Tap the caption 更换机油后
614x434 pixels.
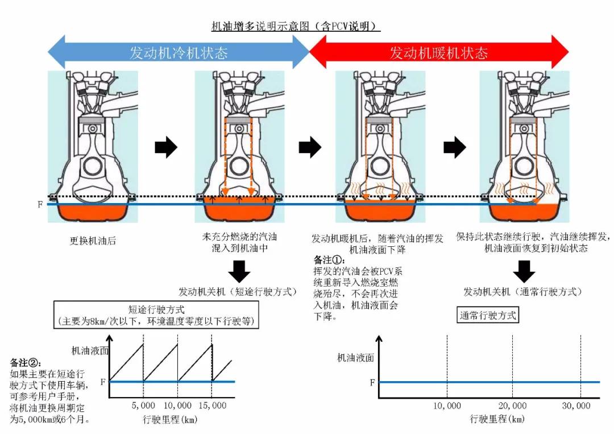tap(93, 241)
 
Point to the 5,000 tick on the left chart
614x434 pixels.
tap(143, 405)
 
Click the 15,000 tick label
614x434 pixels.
tap(211, 405)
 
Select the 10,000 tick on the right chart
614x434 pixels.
tap(447, 405)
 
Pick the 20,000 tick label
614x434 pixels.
tap(513, 405)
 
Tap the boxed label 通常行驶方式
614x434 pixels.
tap(488, 315)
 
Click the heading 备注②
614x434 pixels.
tap(26, 362)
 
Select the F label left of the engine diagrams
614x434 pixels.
tap(40, 204)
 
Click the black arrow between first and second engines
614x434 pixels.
tap(166, 148)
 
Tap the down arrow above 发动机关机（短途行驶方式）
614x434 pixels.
tap(238, 271)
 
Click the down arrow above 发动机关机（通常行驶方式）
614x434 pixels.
tap(523, 271)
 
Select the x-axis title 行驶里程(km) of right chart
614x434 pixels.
tap(496, 419)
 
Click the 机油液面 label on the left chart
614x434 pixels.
tap(90, 351)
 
